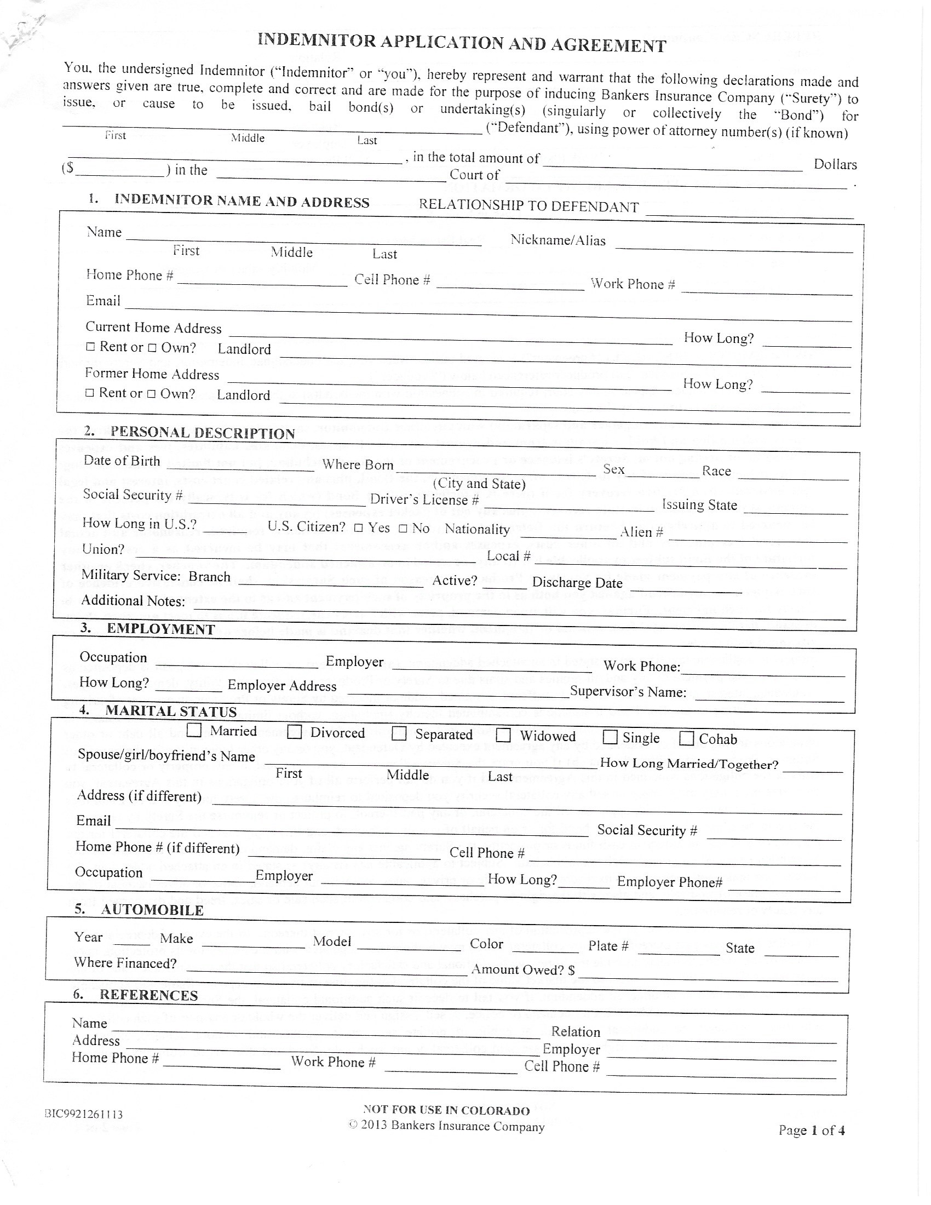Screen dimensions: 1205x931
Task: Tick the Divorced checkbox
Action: [295, 732]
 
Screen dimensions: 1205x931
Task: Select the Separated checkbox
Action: [399, 734]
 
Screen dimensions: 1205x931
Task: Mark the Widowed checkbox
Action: [503, 736]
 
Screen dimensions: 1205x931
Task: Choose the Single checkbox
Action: [610, 737]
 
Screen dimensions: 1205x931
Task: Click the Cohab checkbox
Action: [686, 738]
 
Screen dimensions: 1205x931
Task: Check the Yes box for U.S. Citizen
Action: [359, 528]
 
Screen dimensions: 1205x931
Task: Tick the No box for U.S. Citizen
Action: [403, 529]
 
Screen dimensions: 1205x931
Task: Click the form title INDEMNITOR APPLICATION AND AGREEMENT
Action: [462, 43]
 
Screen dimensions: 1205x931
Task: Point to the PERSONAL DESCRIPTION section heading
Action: [203, 433]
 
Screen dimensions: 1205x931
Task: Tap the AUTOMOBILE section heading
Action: [152, 910]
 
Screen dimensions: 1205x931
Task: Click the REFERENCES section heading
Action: [148, 995]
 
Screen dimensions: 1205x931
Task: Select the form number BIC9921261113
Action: [83, 1114]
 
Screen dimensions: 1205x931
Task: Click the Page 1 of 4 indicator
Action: [811, 1130]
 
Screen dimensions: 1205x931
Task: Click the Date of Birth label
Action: [122, 461]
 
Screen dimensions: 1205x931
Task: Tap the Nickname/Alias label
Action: [558, 240]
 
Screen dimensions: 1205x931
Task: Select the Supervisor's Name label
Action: [628, 692]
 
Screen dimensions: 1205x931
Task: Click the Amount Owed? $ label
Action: [523, 969]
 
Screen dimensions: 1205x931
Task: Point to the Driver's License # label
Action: [424, 500]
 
